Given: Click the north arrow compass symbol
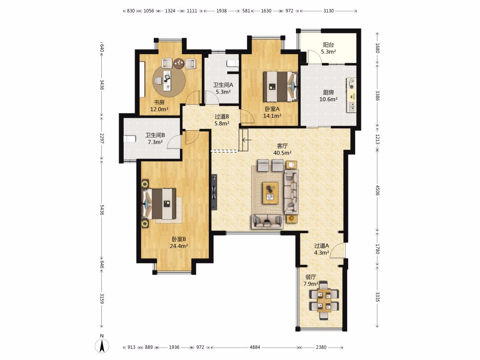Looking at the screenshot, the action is click(x=102, y=346).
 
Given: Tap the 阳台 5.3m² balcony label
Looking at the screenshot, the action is click(x=328, y=48).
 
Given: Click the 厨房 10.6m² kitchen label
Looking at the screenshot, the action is click(x=328, y=96).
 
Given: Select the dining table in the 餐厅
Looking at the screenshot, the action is click(x=324, y=300).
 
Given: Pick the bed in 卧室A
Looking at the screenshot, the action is click(x=280, y=86).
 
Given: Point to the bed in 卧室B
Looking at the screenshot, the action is click(x=159, y=204).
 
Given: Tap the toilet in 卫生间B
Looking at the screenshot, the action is click(x=130, y=139).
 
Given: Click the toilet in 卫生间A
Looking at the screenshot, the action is click(x=232, y=63).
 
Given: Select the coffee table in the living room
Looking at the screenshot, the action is click(x=270, y=193).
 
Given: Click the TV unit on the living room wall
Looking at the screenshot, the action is click(x=214, y=192).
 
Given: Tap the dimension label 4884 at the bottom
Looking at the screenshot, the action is click(x=255, y=347).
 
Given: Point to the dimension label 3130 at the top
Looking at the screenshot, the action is click(x=328, y=11).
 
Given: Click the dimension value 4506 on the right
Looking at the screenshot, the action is click(x=377, y=190).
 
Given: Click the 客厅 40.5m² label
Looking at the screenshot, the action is click(x=282, y=149).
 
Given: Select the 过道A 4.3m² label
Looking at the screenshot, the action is click(x=321, y=249).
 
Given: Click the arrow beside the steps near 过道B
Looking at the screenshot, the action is click(x=246, y=140).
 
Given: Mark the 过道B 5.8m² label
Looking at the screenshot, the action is click(x=222, y=120).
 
